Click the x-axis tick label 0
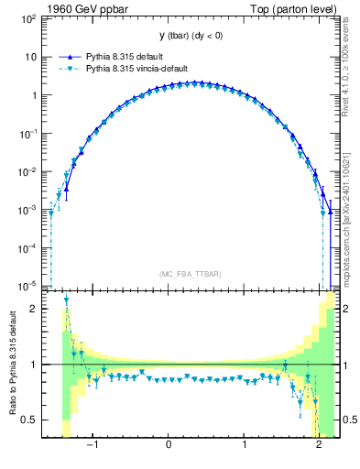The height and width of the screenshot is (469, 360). coord(169,447)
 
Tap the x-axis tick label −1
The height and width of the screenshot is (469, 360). coord(92,447)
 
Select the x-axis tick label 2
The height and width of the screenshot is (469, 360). coord(319,447)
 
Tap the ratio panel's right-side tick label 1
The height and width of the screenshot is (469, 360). coord(348,365)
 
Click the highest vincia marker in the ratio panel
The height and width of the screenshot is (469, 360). coord(67,300)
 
